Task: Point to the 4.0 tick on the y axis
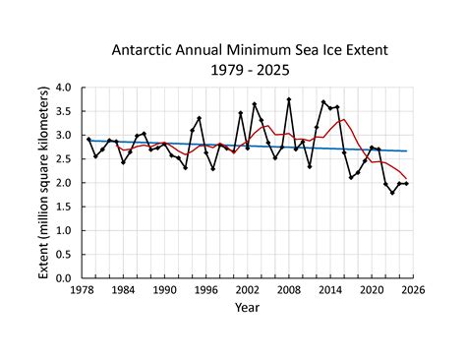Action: [x=70, y=88]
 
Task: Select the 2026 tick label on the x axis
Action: [x=412, y=290]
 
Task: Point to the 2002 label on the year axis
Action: [x=247, y=290]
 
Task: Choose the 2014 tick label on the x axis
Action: [x=329, y=290]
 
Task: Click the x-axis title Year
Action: [x=248, y=307]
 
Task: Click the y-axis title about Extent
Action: [x=44, y=183]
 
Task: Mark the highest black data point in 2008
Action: [x=289, y=99]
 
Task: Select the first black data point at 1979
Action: [x=89, y=140]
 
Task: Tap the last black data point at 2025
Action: [x=406, y=184]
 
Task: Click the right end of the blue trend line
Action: [x=406, y=150]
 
